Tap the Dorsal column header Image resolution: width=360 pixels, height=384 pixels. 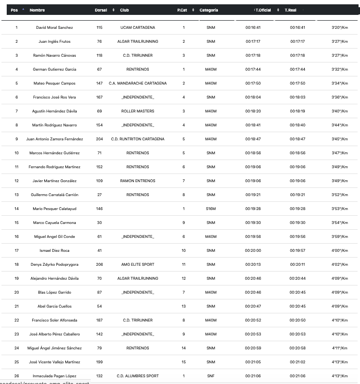[101, 10]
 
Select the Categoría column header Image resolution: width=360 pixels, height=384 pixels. [209, 10]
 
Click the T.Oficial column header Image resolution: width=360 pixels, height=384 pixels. [264, 10]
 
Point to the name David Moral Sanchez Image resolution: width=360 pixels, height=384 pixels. [55, 27]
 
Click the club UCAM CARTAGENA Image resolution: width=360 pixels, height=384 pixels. [138, 27]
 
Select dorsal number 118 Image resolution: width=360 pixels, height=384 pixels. [99, 55]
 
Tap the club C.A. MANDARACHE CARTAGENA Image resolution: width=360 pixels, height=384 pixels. [138, 83]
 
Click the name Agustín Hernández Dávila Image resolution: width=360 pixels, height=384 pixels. [55, 111]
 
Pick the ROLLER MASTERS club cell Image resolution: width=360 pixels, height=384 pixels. [138, 111]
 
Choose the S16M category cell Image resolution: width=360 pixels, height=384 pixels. [211, 209]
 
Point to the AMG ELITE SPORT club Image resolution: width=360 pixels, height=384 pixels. [138, 264]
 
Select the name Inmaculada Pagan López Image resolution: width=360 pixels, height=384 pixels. [55, 376]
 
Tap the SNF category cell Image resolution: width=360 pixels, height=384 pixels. [211, 376]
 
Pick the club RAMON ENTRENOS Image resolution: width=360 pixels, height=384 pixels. [138, 181]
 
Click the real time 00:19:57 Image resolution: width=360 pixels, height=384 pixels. [297, 250]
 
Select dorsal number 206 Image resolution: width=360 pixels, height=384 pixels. [99, 264]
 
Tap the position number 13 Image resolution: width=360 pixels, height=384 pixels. [17, 195]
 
